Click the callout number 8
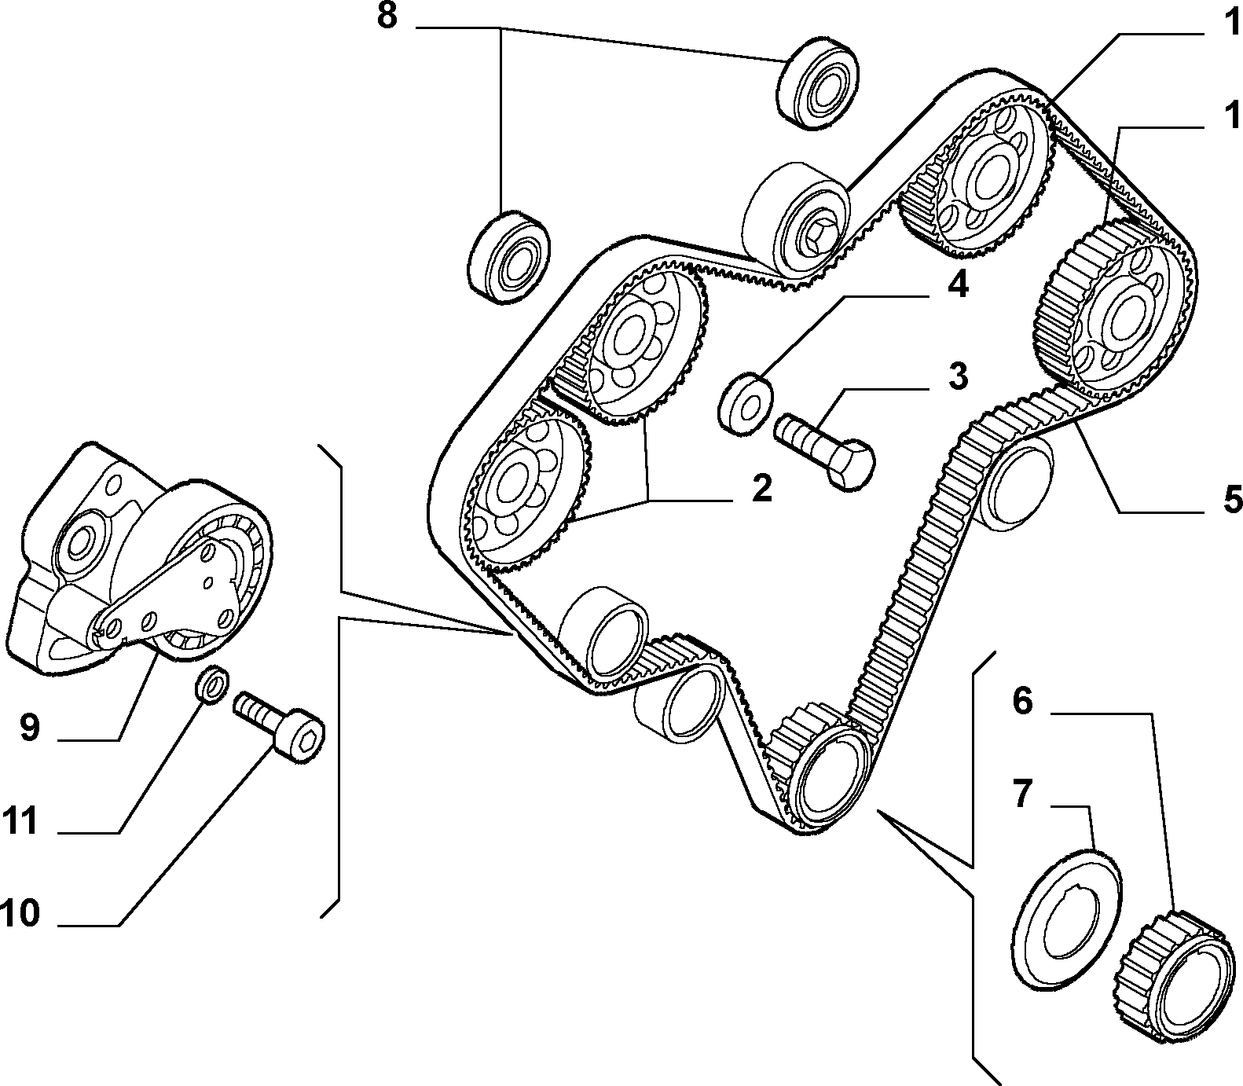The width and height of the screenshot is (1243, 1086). coord(387,16)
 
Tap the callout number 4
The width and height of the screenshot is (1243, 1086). coord(957,285)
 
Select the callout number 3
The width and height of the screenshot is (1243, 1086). coord(958,376)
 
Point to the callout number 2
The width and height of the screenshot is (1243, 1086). coord(761,489)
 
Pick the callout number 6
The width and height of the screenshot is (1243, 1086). coord(1021,700)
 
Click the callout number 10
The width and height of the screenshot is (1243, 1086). coord(20,913)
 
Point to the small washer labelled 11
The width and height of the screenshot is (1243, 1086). coord(211,683)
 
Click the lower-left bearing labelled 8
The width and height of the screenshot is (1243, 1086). coord(509,256)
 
